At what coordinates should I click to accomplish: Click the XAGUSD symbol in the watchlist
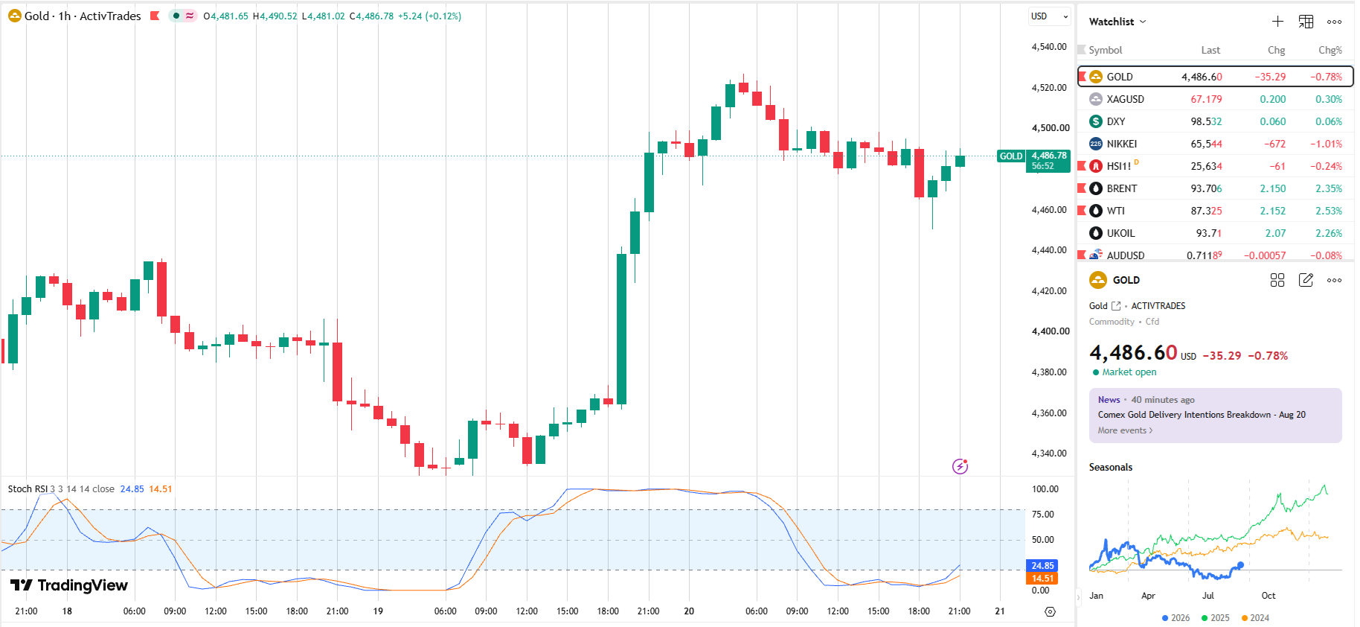pos(1125,99)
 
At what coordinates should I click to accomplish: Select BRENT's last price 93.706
pos(1206,188)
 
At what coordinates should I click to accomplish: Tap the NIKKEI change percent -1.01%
pos(1327,144)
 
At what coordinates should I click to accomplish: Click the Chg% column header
pos(1330,50)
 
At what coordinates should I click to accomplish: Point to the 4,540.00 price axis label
pos(1049,47)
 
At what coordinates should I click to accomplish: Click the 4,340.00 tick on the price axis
pos(1049,453)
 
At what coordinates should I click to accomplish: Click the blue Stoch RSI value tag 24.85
pos(1042,566)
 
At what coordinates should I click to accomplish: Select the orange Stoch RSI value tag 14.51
pos(1042,579)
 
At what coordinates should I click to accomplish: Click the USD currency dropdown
pos(1049,16)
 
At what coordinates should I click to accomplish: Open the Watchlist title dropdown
pos(1117,22)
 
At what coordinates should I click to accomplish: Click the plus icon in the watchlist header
pos(1277,22)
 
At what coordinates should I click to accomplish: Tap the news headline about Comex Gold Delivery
pos(1202,415)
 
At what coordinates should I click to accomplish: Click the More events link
pos(1125,430)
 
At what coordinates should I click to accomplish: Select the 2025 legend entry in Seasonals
pos(1216,618)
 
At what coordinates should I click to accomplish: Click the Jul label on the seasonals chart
pos(1207,596)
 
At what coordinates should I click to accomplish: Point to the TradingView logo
pos(69,585)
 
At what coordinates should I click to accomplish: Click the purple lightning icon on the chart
pos(960,466)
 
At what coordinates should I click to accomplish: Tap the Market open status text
pos(1129,372)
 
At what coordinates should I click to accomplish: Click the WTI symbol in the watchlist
pos(1115,211)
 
